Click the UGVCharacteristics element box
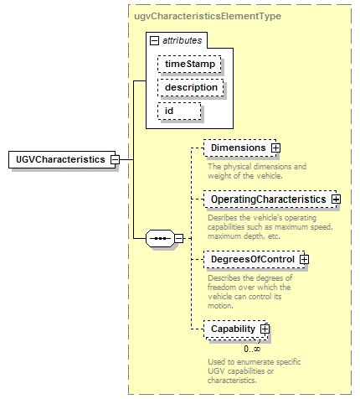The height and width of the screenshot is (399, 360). (x=62, y=159)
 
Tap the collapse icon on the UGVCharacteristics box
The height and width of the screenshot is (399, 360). (x=115, y=160)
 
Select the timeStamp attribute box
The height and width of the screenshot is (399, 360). (x=189, y=64)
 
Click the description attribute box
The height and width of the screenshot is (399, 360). (x=191, y=87)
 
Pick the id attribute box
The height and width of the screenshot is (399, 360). (x=179, y=111)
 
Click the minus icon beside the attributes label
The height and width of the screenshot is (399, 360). (x=154, y=41)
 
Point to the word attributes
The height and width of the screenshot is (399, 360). (x=182, y=40)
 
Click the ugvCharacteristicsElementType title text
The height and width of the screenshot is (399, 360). (x=208, y=16)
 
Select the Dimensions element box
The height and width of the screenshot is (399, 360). (x=240, y=148)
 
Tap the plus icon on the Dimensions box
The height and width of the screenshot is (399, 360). (x=275, y=148)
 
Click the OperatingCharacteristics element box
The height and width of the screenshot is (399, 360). (x=270, y=199)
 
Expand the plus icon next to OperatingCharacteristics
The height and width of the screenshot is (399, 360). (x=336, y=199)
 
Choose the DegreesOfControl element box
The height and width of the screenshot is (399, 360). (x=255, y=259)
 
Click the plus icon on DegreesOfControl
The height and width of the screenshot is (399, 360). (x=304, y=259)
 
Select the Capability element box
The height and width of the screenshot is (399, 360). (x=235, y=329)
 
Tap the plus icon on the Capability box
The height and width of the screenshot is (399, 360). (x=265, y=329)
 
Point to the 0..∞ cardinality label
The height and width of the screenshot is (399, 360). (x=252, y=349)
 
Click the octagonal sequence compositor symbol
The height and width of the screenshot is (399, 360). (x=161, y=239)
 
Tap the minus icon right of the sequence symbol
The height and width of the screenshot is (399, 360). (x=178, y=239)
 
